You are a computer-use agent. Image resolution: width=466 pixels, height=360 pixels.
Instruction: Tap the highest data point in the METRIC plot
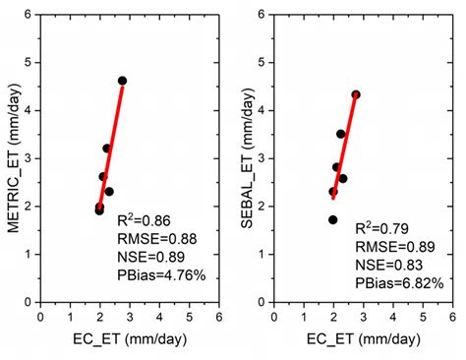coord(122,81)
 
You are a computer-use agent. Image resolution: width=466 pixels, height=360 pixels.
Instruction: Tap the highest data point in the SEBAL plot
coord(356,94)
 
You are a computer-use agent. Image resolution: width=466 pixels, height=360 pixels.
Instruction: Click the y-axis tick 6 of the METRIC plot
coord(30,15)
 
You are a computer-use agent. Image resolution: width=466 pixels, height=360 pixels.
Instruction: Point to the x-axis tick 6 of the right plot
coord(452,318)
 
